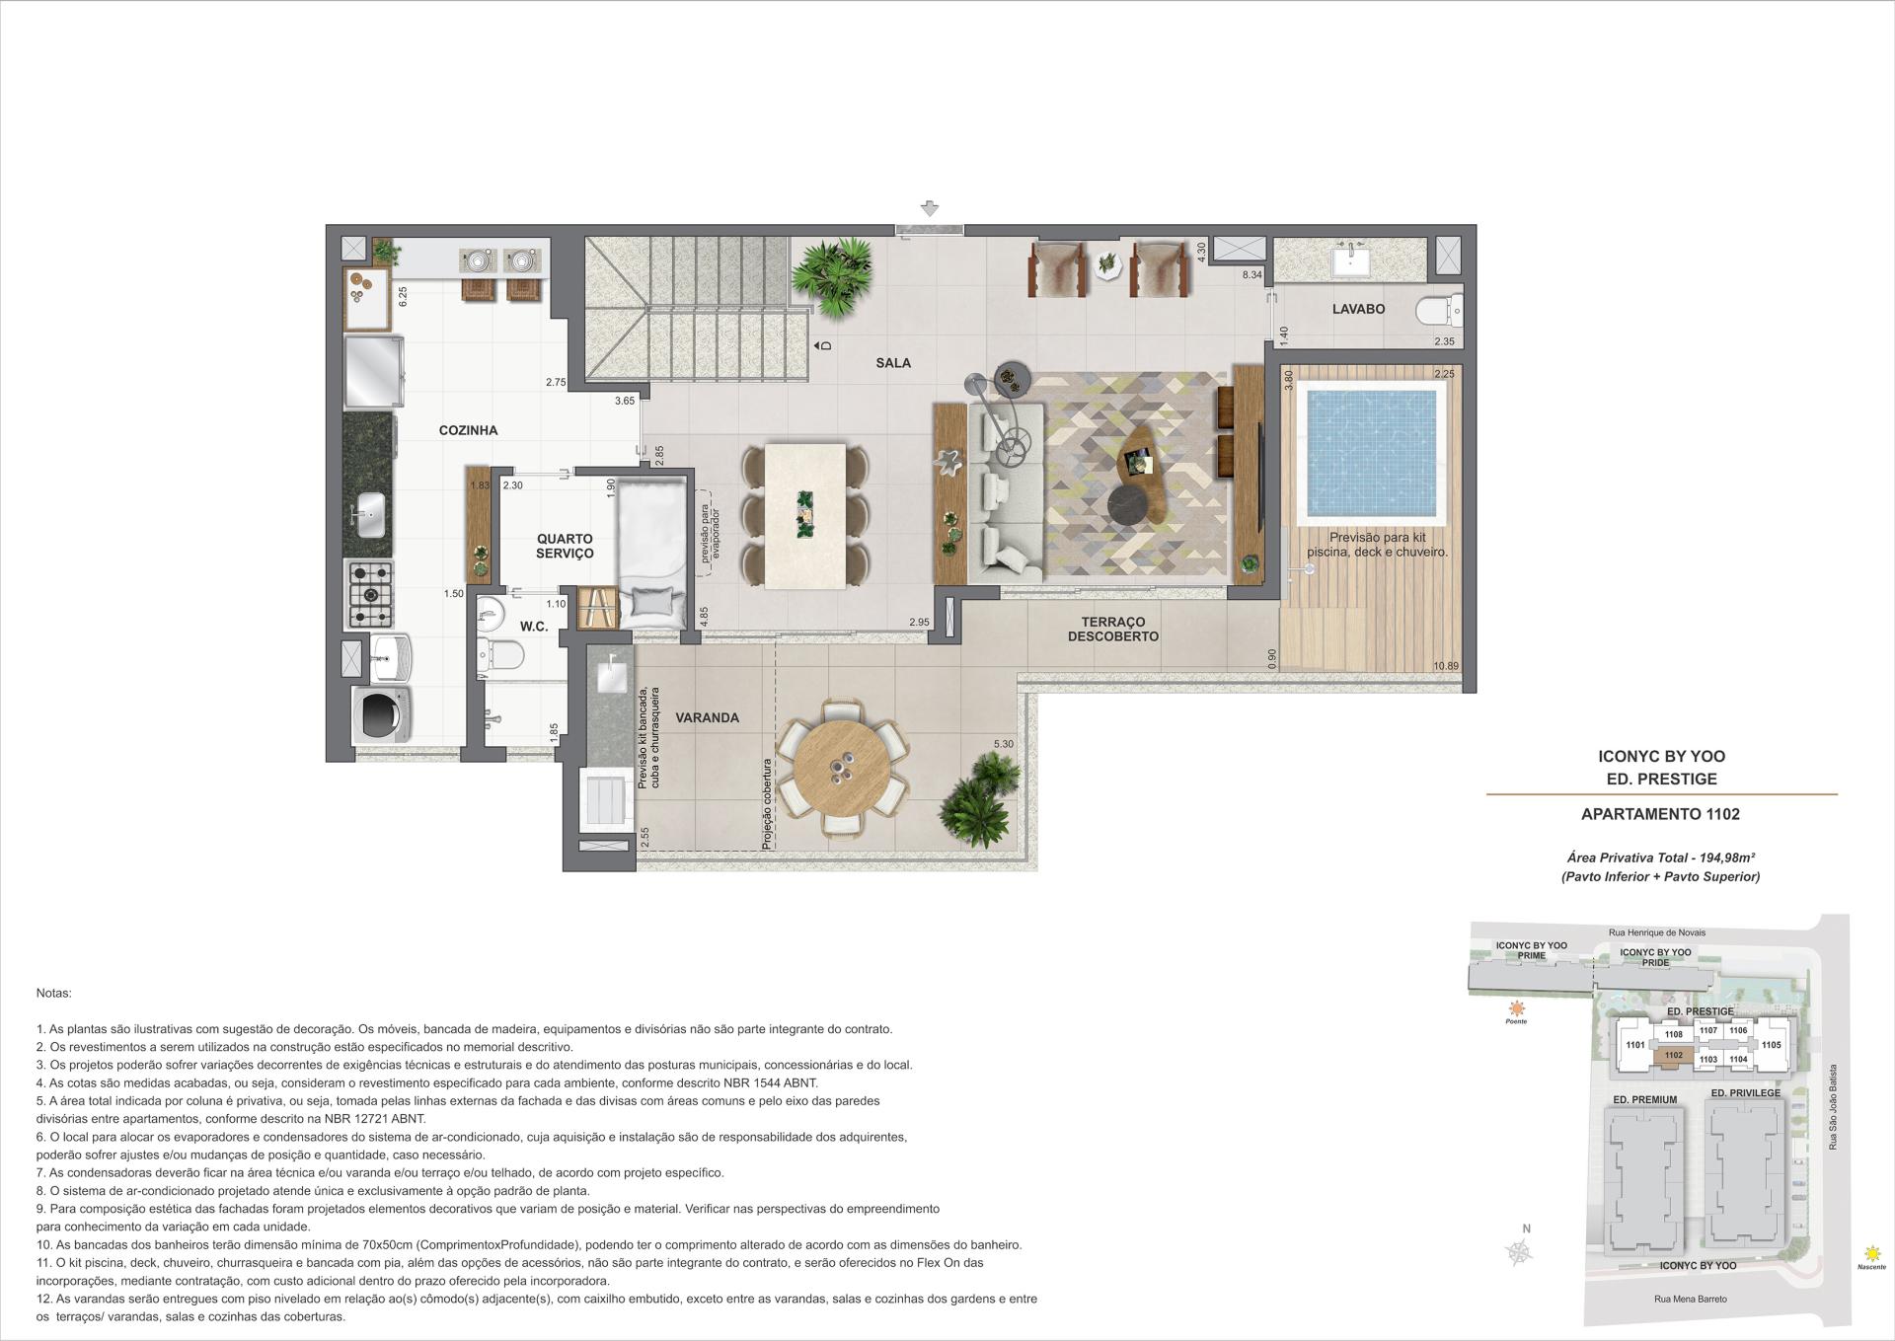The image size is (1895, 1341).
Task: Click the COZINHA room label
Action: (x=468, y=430)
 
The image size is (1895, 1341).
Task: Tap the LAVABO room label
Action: (x=1358, y=309)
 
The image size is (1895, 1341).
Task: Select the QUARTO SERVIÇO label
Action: (x=565, y=546)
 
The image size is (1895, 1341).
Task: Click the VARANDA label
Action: (x=707, y=717)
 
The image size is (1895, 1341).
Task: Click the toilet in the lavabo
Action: (x=1437, y=312)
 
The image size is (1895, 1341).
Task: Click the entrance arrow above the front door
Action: (x=929, y=208)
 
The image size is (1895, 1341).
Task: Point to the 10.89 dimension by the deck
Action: (x=1446, y=666)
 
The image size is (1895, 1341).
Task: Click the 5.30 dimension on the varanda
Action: (x=1003, y=744)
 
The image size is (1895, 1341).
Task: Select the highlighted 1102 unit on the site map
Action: (x=1673, y=1056)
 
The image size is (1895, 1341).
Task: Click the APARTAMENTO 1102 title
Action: (x=1660, y=814)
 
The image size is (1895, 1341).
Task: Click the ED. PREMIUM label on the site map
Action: (x=1644, y=1099)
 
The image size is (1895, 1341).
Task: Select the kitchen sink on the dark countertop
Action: (x=369, y=513)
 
